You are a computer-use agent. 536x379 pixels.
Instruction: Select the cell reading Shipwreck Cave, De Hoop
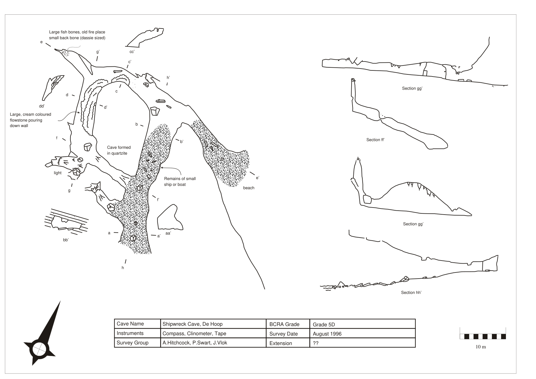pyautogui.click(x=192, y=324)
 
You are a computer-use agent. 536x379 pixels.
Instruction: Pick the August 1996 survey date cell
pyautogui.click(x=327, y=334)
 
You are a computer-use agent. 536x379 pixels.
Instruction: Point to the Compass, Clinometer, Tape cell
pyautogui.click(x=194, y=333)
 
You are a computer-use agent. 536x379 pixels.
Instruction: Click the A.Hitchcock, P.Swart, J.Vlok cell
pyautogui.click(x=195, y=343)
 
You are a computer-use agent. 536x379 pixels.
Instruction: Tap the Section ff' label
pyautogui.click(x=375, y=140)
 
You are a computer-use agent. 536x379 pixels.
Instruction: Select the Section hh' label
pyautogui.click(x=411, y=293)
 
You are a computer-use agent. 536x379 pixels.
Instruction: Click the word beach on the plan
pyautogui.click(x=248, y=188)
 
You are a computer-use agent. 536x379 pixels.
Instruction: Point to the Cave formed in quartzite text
pyautogui.click(x=119, y=150)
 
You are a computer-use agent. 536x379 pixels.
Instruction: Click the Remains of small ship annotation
pyautogui.click(x=180, y=182)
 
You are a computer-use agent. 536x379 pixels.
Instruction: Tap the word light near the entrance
pyautogui.click(x=58, y=173)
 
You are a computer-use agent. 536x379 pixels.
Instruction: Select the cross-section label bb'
pyautogui.click(x=66, y=240)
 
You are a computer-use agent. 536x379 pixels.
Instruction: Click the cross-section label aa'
pyautogui.click(x=168, y=233)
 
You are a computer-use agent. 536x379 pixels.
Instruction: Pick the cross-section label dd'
pyautogui.click(x=42, y=106)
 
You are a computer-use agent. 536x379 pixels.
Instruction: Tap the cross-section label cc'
pyautogui.click(x=132, y=52)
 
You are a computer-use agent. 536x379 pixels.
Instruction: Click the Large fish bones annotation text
pyautogui.click(x=77, y=35)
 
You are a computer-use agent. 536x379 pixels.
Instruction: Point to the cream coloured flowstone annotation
pyautogui.click(x=30, y=120)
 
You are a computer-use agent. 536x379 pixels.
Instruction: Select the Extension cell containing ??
pyautogui.click(x=315, y=343)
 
